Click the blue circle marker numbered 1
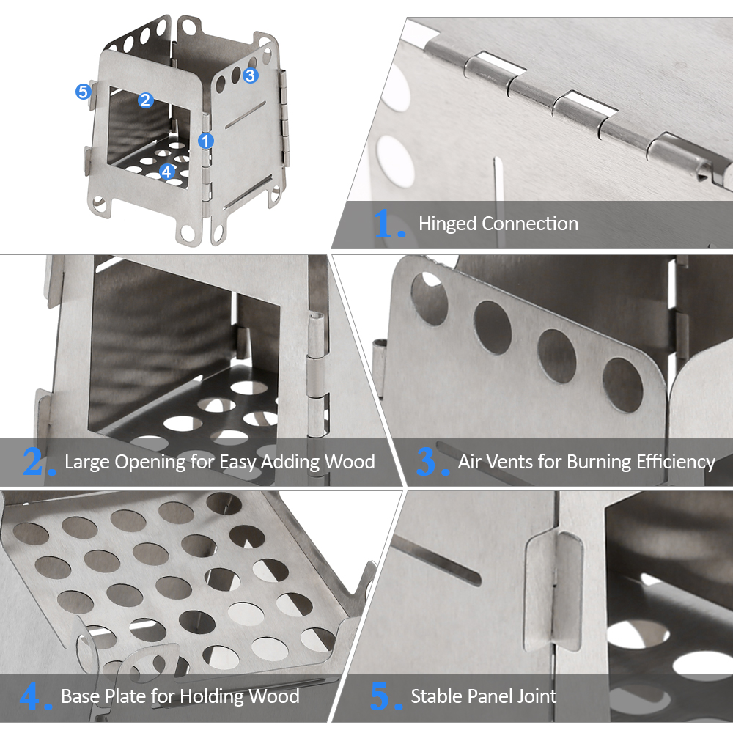206,141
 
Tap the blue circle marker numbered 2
145,100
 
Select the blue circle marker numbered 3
250,75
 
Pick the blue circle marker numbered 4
167,172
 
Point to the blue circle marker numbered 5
84,91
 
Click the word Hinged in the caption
447,224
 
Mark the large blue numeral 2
33,461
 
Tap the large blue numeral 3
427,461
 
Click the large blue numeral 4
30,696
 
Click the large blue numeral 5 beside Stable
380,696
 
